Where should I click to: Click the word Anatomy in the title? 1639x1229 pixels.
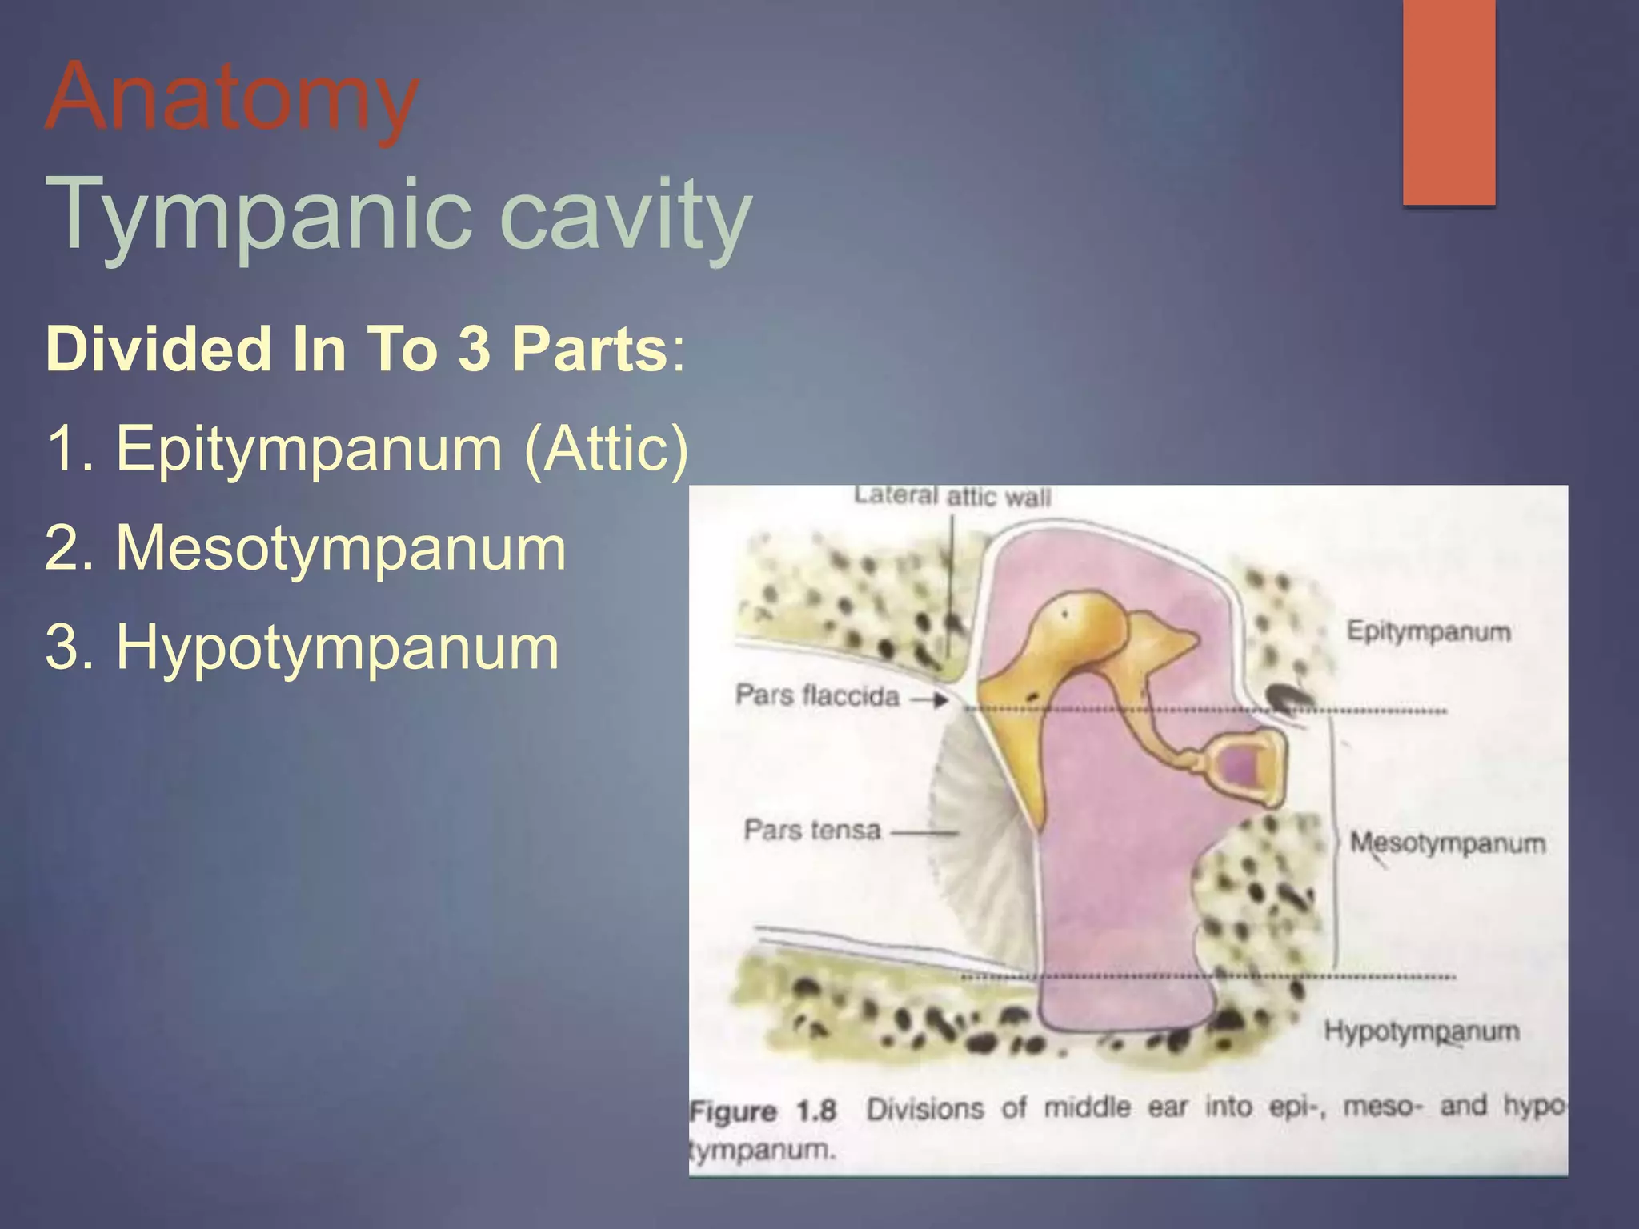click(232, 98)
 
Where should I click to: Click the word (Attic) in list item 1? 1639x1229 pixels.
click(606, 449)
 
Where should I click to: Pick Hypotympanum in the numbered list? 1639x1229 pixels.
click(337, 647)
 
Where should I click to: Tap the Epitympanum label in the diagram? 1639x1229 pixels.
click(1429, 631)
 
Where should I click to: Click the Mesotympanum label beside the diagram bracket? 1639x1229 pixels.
click(1448, 843)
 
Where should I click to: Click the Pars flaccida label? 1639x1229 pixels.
click(817, 695)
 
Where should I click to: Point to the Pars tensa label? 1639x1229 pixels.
click(812, 830)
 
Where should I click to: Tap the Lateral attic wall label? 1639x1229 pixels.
click(952, 497)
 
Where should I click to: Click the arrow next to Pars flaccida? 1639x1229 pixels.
click(929, 700)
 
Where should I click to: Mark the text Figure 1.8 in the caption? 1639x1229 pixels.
click(763, 1111)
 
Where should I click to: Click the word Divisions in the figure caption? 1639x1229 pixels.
click(925, 1109)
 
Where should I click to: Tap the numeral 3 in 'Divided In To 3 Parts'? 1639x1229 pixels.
click(474, 350)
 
